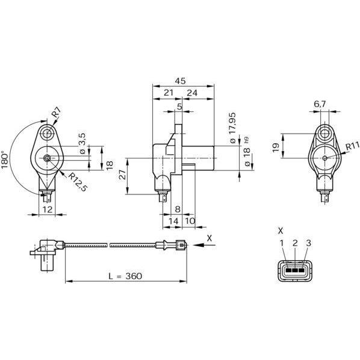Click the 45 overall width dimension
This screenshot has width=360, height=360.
[x=180, y=81]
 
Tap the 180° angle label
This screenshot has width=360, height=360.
[x=5, y=160]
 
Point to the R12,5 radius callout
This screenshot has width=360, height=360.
[x=78, y=182]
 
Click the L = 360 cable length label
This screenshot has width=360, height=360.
[x=125, y=276]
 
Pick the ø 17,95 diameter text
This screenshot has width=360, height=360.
[x=233, y=128]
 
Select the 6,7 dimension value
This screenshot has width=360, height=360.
[x=320, y=104]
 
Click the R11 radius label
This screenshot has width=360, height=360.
[x=352, y=146]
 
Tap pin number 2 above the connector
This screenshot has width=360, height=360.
[x=295, y=243]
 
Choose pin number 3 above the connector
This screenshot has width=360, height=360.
[x=309, y=243]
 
